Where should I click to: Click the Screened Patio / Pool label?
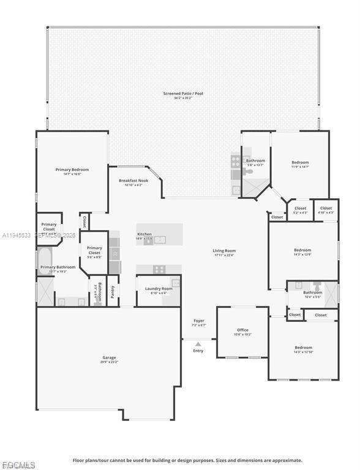(182, 94)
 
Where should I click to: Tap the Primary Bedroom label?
(72, 170)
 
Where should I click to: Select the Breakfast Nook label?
(133, 181)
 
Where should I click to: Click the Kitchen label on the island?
(144, 234)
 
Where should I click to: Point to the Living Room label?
(224, 250)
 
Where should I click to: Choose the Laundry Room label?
(159, 288)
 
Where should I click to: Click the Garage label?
(109, 357)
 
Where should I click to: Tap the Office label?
(243, 330)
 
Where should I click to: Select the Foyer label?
(199, 321)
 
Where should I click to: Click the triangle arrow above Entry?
(198, 344)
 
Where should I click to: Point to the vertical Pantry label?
(113, 293)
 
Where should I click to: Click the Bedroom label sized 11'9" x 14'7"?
(300, 162)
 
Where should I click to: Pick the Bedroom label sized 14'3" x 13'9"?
(302, 250)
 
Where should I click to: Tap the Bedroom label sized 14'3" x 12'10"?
(303, 348)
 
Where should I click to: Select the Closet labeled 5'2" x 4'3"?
(301, 209)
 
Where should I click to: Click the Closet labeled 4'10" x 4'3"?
(326, 209)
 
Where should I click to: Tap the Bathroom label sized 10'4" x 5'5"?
(312, 293)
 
